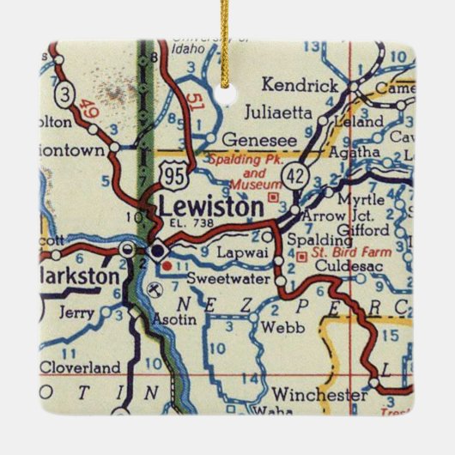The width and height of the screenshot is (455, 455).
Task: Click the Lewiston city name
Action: (210, 207)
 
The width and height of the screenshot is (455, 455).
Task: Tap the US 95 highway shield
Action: (171, 177)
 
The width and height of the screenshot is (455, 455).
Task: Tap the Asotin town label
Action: (174, 318)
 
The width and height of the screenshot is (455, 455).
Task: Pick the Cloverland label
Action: (80, 367)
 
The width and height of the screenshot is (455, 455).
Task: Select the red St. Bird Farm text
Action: (346, 253)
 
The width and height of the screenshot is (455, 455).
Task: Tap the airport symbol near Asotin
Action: (153, 288)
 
